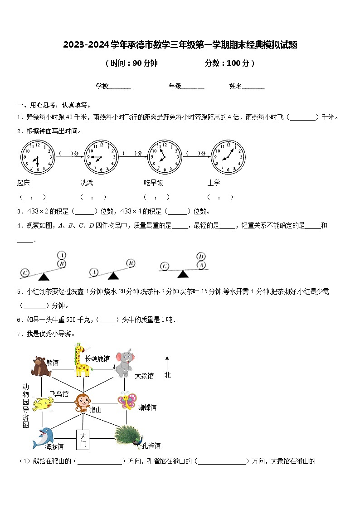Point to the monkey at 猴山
tap(83, 402)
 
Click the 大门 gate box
tap(83, 439)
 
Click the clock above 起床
tap(37, 157)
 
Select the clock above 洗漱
tap(101, 157)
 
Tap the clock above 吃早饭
tap(164, 157)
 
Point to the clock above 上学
tap(228, 157)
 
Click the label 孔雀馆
tap(151, 446)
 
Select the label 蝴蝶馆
tap(147, 408)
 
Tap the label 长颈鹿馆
tap(97, 359)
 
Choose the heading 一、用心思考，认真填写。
tap(51, 105)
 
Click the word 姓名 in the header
tap(236, 86)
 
